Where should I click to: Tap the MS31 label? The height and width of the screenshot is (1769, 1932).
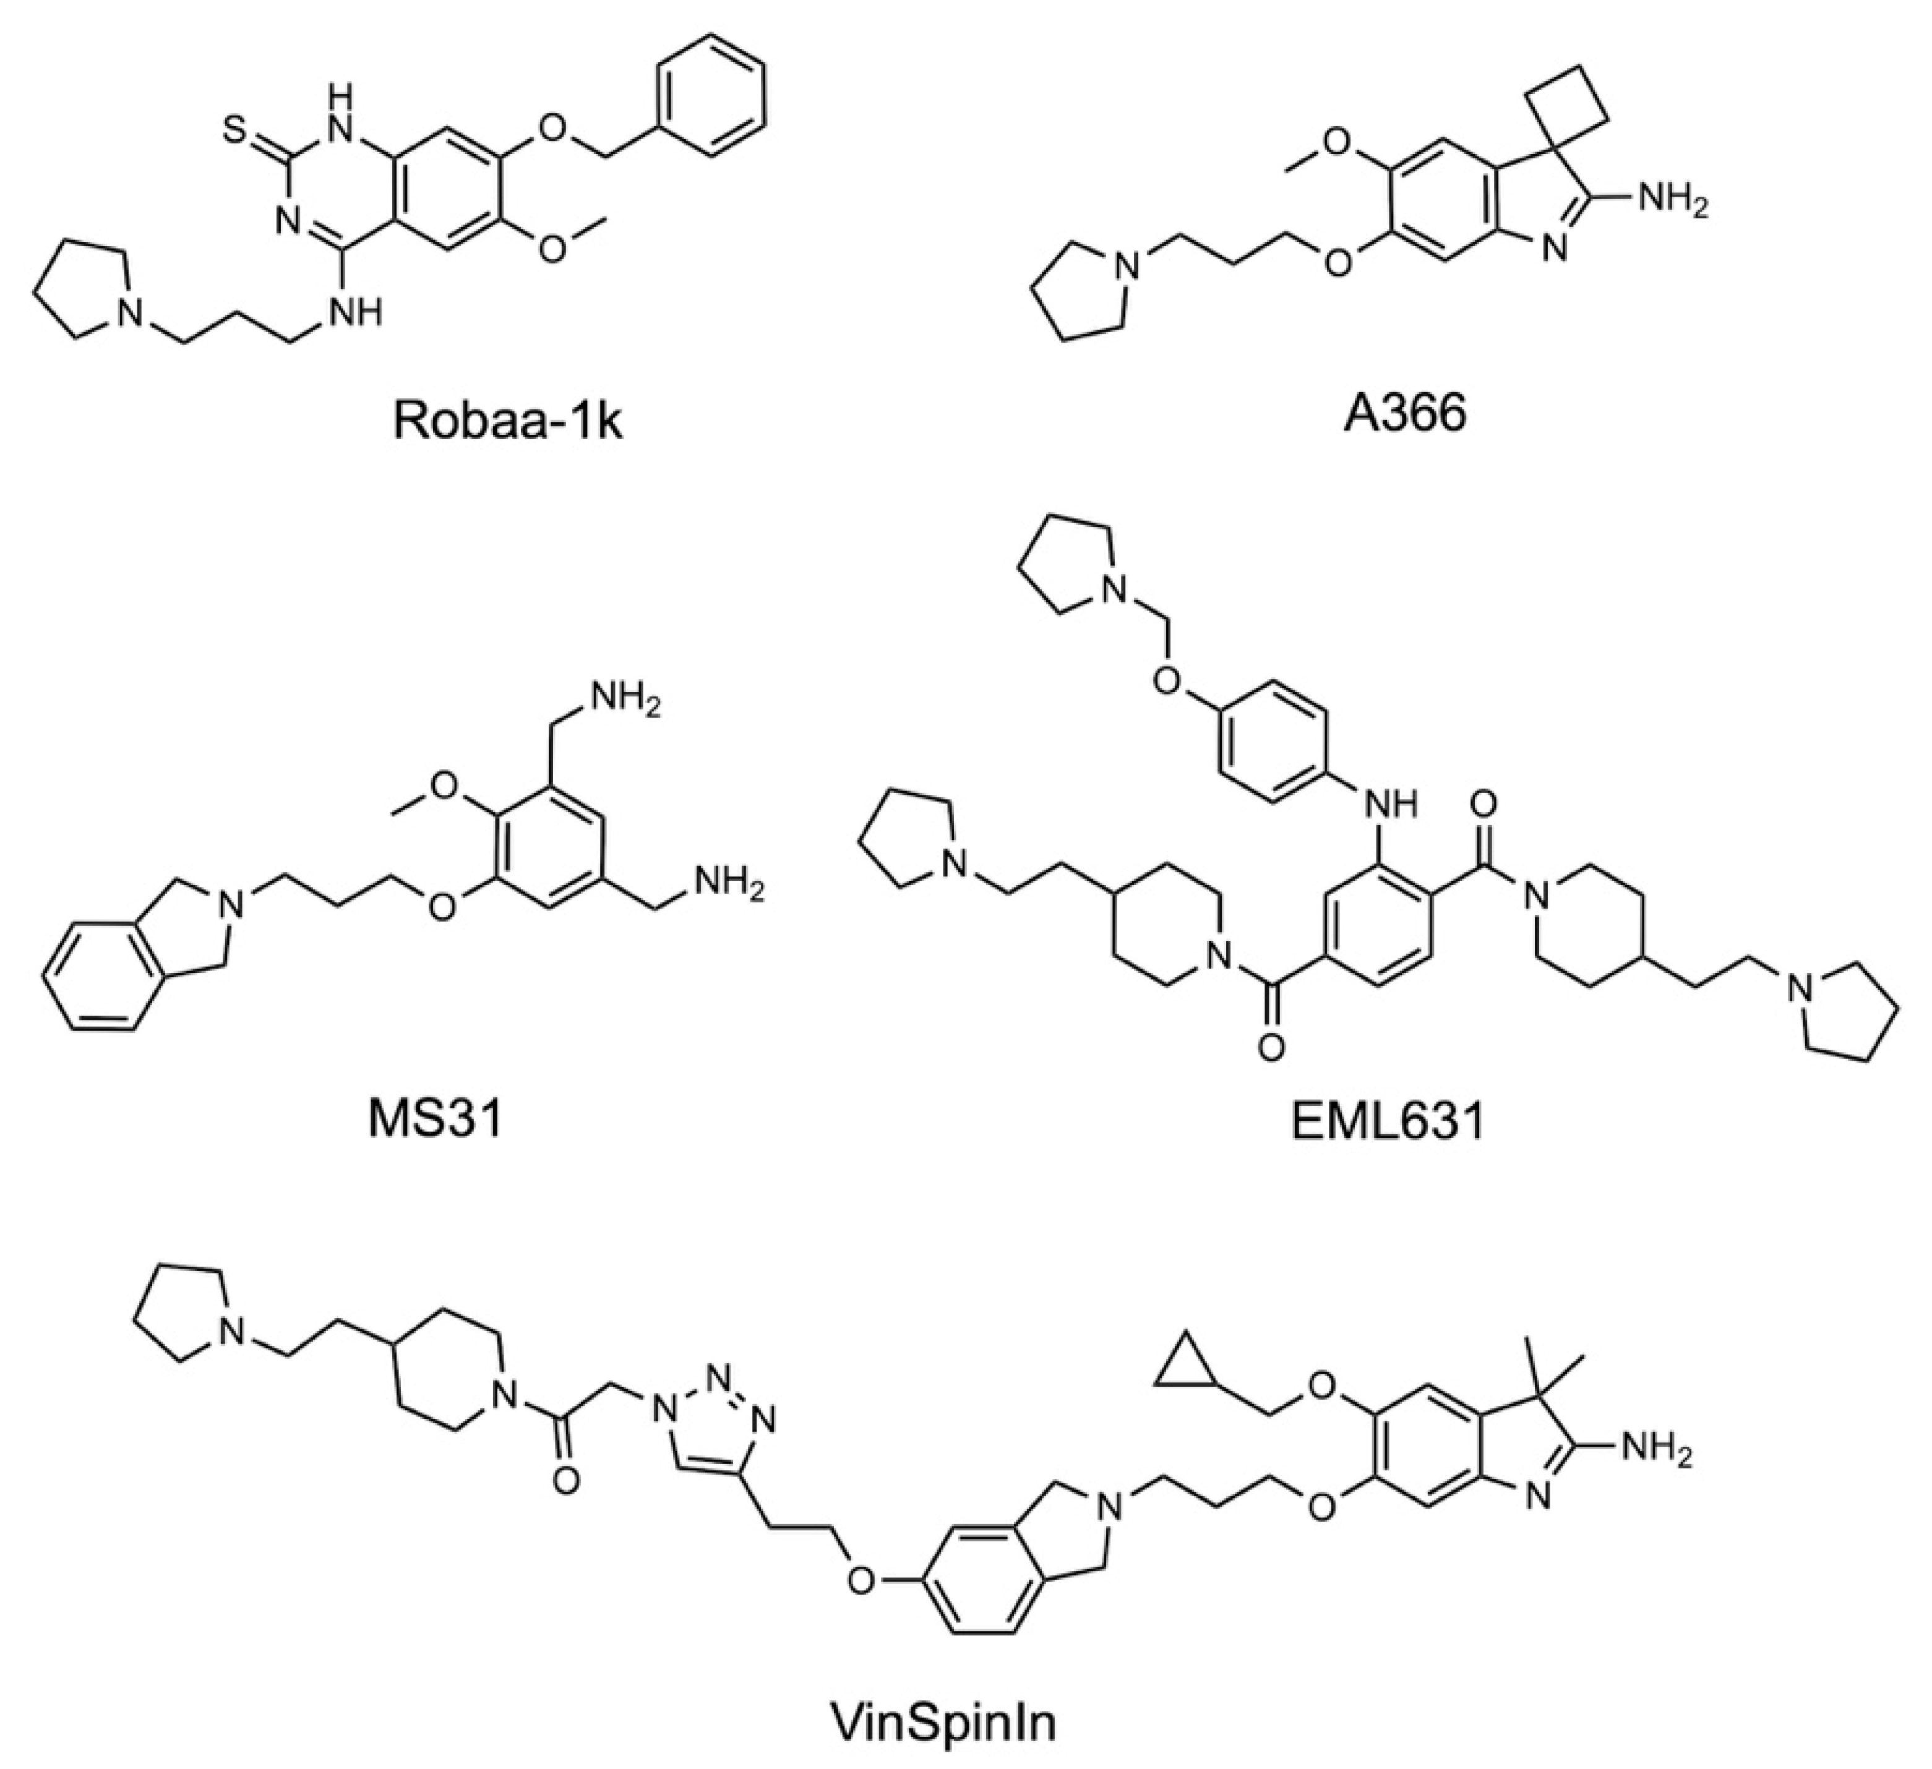pos(435,1120)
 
